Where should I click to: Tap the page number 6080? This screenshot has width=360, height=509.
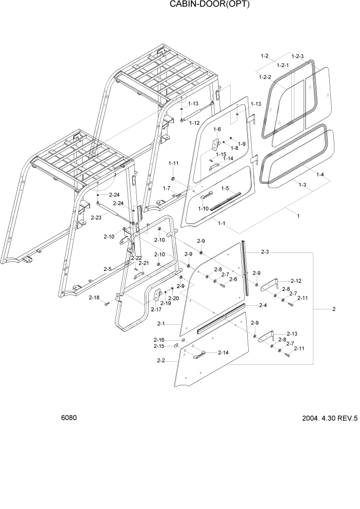pos(69,418)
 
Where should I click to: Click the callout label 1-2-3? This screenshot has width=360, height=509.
pos(297,56)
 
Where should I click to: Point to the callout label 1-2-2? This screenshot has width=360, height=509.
pos(266,76)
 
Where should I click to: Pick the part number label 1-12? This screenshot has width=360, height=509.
pos(194,123)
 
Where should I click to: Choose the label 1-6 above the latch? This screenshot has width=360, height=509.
pos(217,129)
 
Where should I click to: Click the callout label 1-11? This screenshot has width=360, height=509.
pos(174,163)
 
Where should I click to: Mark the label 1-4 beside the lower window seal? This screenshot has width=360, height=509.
pos(320,174)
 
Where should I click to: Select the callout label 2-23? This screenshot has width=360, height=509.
pos(96,218)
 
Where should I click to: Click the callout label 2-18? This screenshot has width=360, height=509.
pos(94,298)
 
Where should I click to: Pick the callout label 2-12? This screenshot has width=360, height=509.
pos(296,281)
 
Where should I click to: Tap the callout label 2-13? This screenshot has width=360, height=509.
pos(291,333)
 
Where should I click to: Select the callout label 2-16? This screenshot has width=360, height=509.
pos(158,340)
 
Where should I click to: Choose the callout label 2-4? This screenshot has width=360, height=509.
pos(263,305)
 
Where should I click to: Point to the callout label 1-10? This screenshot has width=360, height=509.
pos(189,208)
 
